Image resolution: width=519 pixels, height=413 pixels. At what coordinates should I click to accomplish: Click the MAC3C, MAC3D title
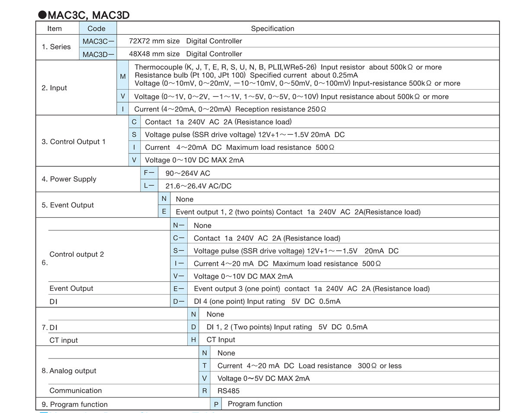84,15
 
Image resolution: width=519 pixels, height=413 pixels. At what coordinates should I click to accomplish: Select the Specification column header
272,29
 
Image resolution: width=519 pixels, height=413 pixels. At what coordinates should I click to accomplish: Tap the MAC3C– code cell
98,42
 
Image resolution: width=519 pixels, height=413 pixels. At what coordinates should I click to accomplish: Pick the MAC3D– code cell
98,54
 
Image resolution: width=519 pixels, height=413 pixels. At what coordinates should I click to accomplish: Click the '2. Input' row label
54,88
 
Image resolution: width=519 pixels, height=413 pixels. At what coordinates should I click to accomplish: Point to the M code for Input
123,76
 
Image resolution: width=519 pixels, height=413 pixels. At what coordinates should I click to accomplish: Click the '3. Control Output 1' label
74,142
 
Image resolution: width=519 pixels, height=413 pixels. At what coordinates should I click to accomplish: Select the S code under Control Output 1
134,135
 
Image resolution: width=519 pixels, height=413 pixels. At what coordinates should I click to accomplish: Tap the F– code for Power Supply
149,173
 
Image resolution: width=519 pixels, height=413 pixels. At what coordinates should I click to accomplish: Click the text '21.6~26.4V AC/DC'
199,186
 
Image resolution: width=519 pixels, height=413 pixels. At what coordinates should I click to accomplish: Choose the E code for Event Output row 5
164,212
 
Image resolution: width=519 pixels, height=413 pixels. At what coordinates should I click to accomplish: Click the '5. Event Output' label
68,205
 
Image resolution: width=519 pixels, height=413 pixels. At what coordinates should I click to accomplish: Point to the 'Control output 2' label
77,254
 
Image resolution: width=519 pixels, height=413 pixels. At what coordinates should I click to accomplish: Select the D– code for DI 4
179,301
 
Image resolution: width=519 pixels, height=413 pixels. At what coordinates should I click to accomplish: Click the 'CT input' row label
64,340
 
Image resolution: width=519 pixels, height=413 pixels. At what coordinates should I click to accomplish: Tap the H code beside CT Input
193,340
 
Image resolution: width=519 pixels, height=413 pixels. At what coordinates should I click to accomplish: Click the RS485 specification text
228,391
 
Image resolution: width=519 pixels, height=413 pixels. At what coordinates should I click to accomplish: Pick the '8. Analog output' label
69,371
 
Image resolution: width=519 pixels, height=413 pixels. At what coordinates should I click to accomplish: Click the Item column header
54,29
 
